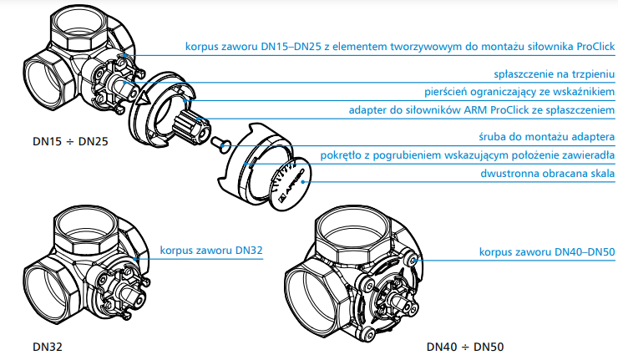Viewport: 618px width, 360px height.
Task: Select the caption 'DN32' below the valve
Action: (48, 346)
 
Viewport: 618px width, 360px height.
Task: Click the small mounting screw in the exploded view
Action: (219, 143)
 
